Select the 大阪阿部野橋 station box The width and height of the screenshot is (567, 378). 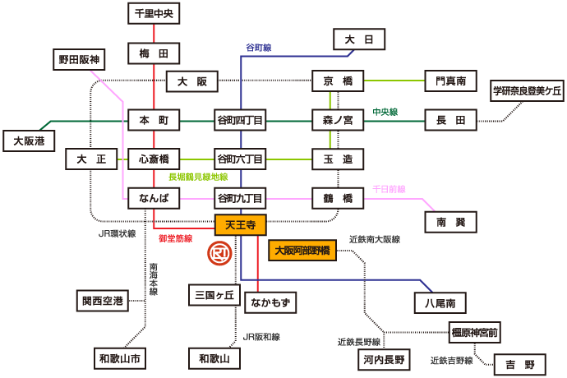pyautogui.click(x=302, y=251)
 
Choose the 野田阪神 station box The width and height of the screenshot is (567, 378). pyautogui.click(x=78, y=61)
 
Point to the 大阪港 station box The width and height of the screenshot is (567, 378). pyautogui.click(x=28, y=141)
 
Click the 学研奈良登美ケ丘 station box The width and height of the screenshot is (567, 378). pyautogui.click(x=526, y=91)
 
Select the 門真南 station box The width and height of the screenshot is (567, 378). pyautogui.click(x=451, y=81)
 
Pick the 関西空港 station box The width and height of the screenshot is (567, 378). pyautogui.click(x=102, y=302)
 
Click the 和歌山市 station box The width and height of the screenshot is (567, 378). pyautogui.click(x=120, y=358)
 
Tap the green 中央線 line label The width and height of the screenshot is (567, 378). pyautogui.click(x=385, y=111)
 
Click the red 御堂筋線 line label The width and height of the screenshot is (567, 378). pyautogui.click(x=175, y=238)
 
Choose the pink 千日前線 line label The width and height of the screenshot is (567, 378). pyautogui.click(x=389, y=188)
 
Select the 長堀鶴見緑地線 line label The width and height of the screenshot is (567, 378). pyautogui.click(x=198, y=177)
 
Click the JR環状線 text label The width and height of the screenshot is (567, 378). pyautogui.click(x=117, y=233)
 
